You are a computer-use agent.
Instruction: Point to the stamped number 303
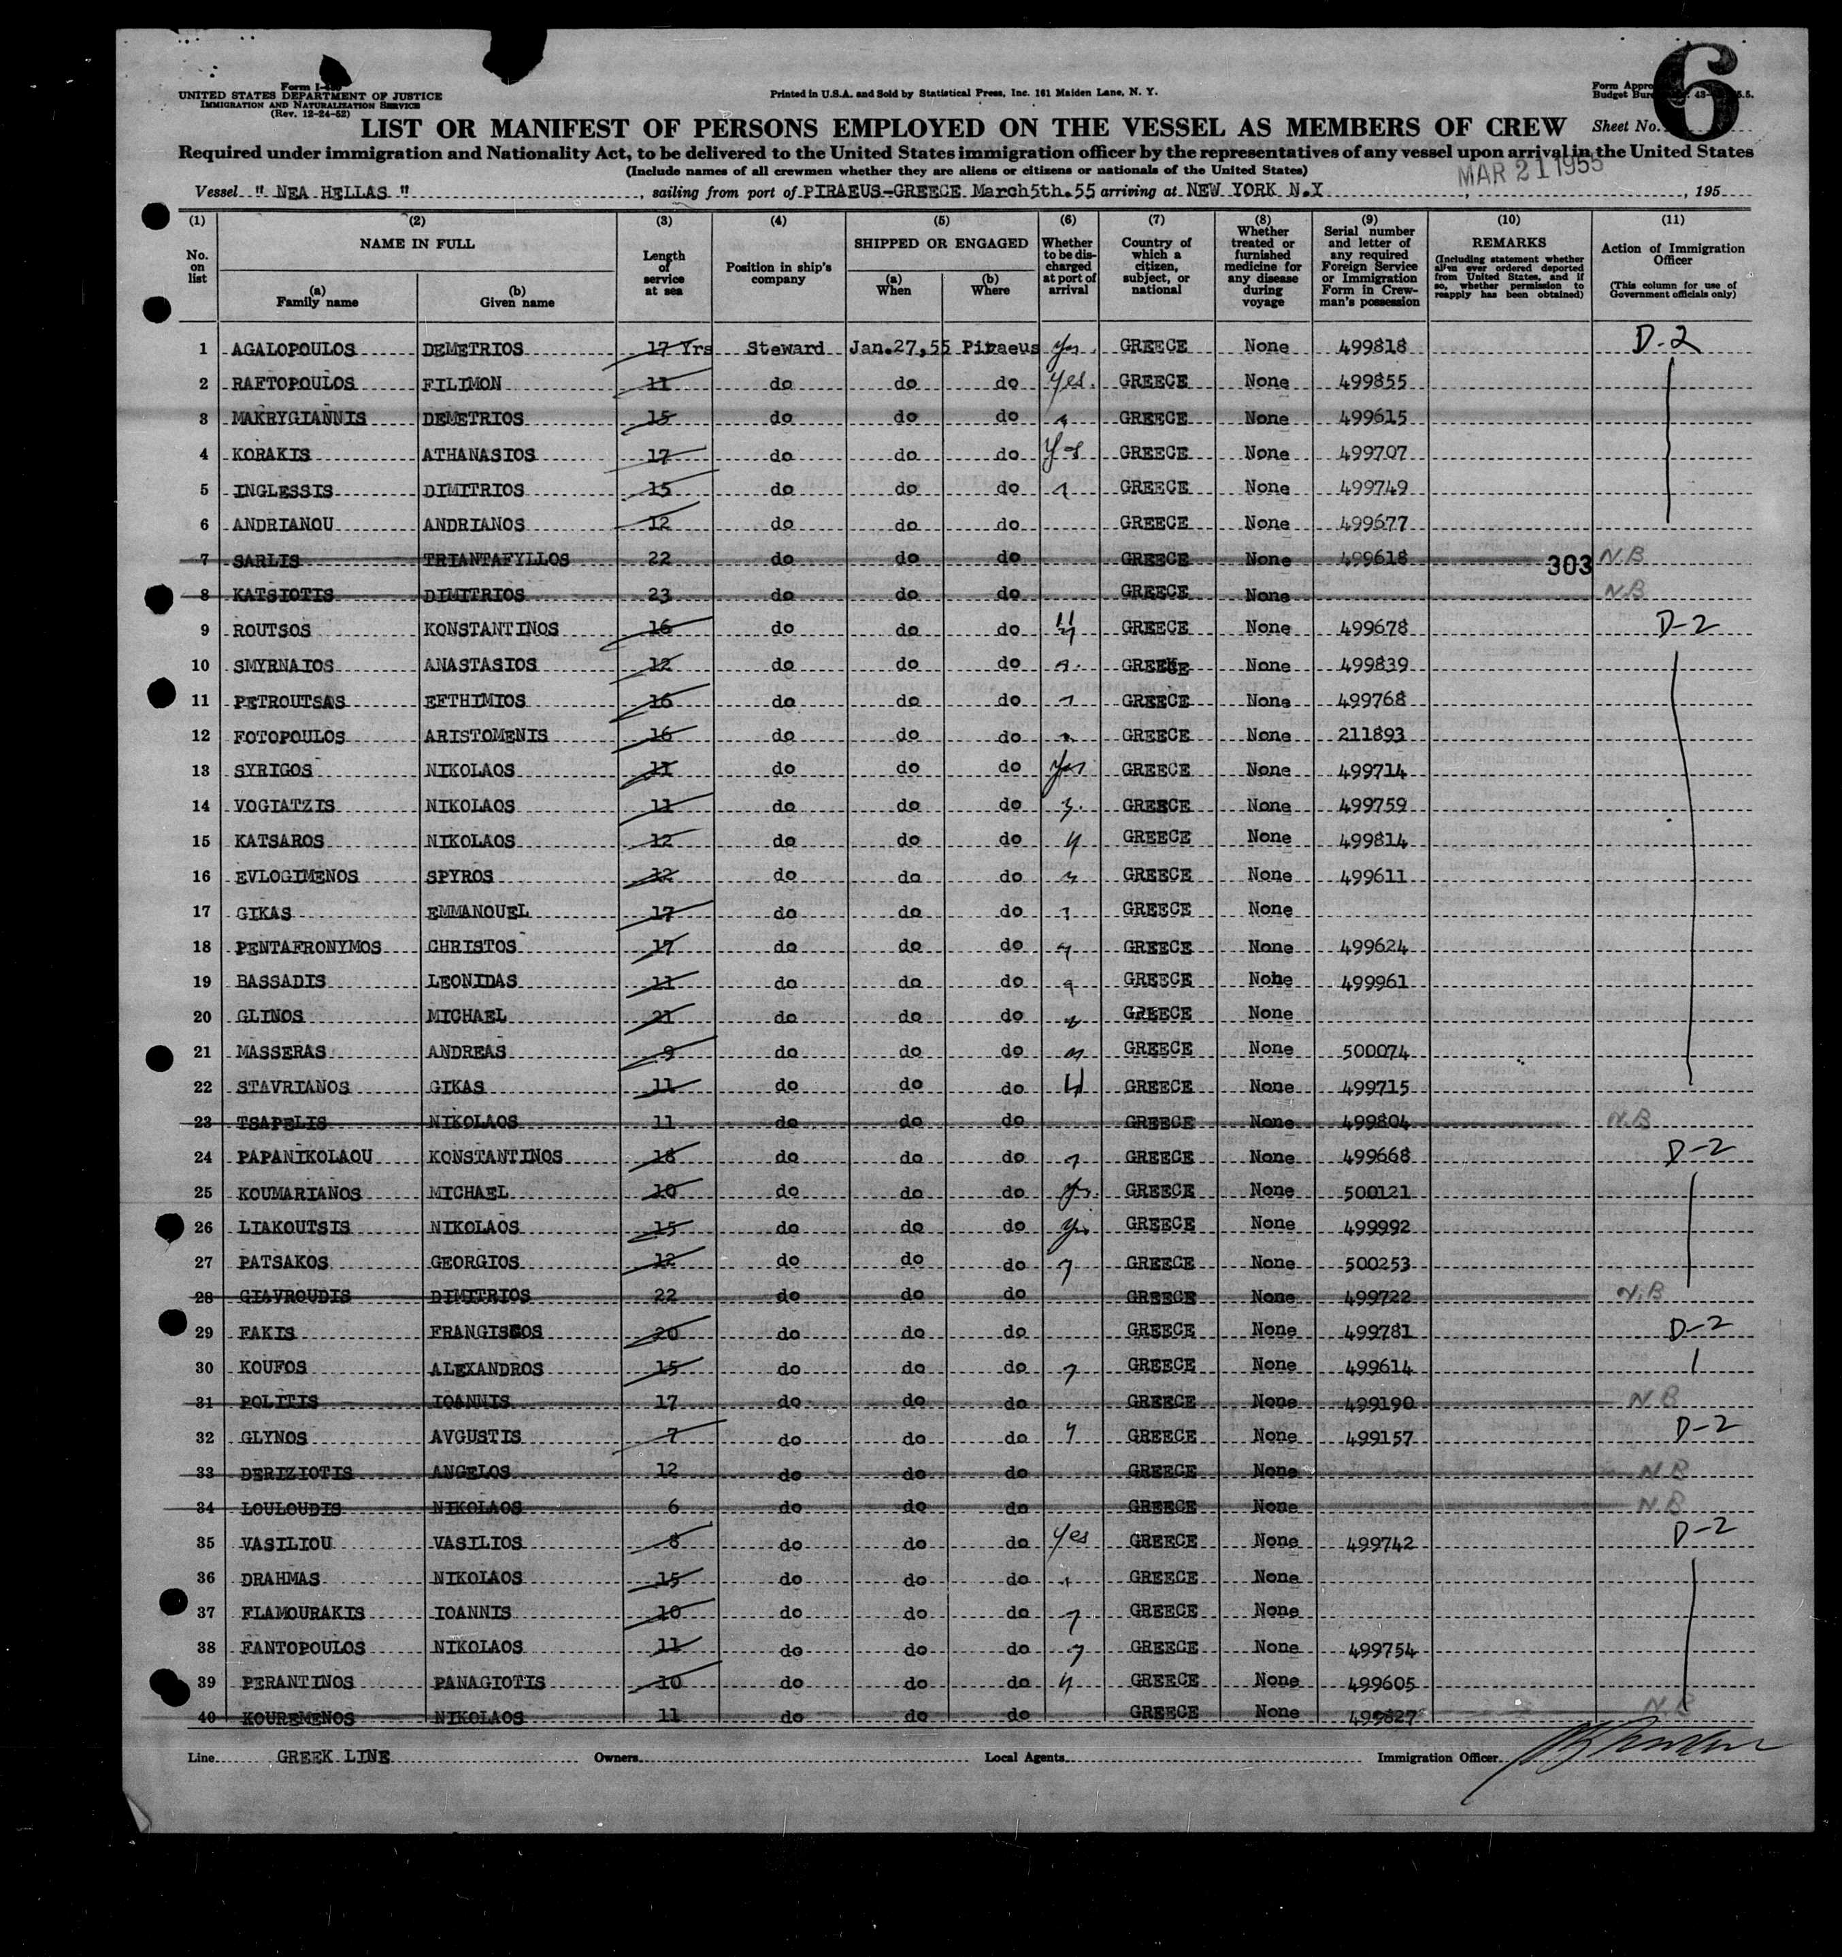[x=1568, y=565]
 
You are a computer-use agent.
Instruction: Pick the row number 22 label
[x=201, y=1087]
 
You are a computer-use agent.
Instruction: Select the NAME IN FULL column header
[x=417, y=243]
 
